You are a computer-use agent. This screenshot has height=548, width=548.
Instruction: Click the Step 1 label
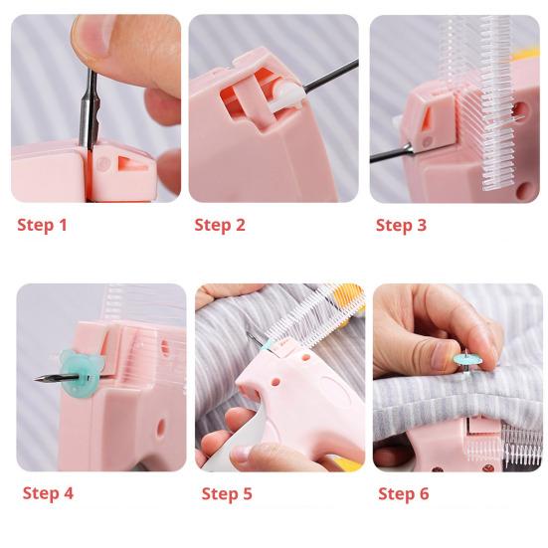click(x=42, y=225)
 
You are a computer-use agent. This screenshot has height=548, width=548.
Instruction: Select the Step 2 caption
click(x=220, y=225)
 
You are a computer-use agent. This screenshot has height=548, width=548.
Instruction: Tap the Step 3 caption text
click(x=401, y=225)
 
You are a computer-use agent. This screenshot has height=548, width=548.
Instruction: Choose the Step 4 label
click(x=48, y=493)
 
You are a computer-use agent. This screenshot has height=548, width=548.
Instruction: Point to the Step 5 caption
click(x=227, y=493)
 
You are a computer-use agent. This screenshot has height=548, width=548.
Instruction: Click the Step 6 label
click(x=404, y=493)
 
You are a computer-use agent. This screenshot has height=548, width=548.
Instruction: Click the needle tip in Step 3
click(x=376, y=157)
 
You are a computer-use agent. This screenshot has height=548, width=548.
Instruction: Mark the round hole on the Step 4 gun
click(x=159, y=428)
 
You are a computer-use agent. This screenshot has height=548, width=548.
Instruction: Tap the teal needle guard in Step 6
click(x=464, y=356)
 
